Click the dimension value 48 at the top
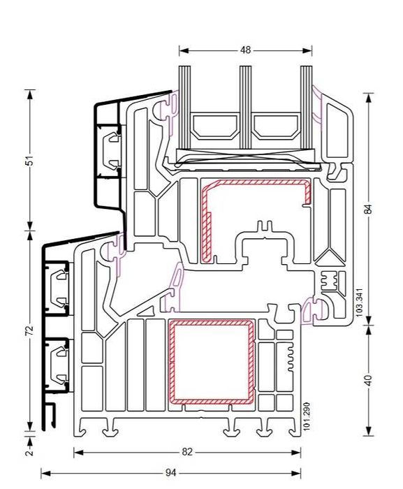click(x=245, y=50)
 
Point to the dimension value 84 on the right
click(x=369, y=208)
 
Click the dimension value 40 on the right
click(x=369, y=380)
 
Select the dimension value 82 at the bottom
click(x=186, y=452)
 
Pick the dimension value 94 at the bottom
click(x=170, y=473)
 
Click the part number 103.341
click(x=359, y=304)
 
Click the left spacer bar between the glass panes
click(x=214, y=126)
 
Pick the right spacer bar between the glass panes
click(x=275, y=126)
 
